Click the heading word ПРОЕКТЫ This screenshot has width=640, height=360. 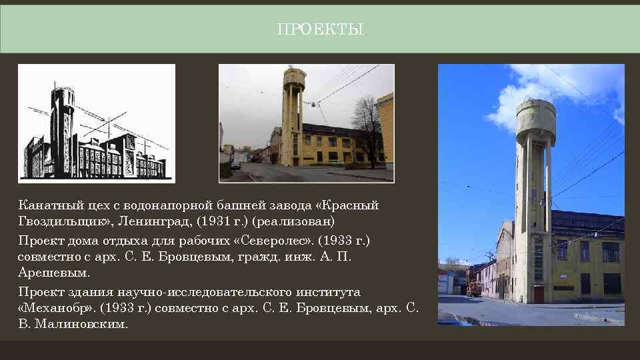(320, 30)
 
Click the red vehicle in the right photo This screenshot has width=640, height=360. (474, 289)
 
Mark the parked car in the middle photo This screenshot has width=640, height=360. (236, 164)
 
